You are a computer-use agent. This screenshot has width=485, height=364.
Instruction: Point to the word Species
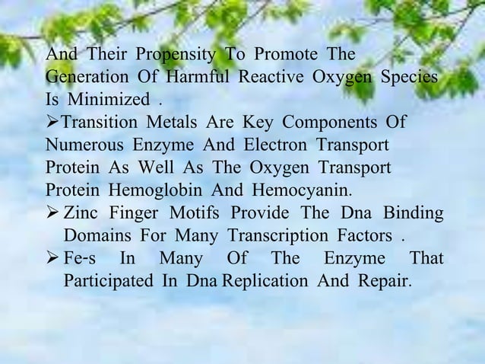(411, 78)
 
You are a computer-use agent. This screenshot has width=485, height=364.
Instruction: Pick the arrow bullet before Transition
(52, 123)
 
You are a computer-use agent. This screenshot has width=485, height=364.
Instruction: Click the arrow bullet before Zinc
(52, 212)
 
